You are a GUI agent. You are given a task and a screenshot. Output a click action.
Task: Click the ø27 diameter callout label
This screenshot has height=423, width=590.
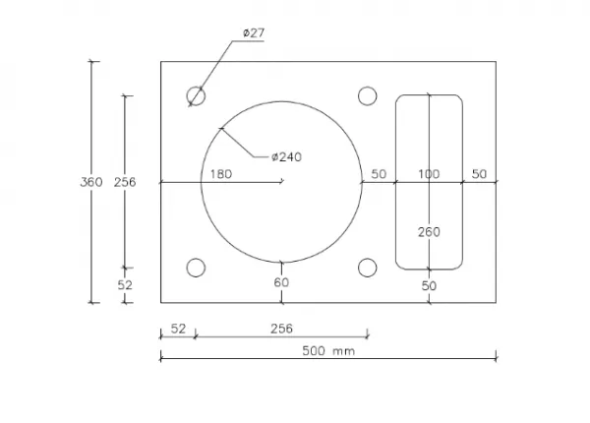(x=254, y=33)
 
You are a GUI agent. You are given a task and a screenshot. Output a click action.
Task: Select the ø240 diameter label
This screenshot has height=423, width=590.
(x=286, y=157)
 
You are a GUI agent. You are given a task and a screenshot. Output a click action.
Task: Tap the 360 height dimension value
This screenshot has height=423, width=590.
(x=91, y=182)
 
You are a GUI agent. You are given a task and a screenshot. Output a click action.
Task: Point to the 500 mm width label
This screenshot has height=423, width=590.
(x=328, y=351)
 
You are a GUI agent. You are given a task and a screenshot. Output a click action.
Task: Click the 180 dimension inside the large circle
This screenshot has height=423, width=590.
(x=221, y=174)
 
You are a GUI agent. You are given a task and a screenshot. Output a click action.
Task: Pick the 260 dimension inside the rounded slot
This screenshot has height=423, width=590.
(x=429, y=232)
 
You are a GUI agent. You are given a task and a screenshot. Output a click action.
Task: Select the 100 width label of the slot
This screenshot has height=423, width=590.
(x=429, y=174)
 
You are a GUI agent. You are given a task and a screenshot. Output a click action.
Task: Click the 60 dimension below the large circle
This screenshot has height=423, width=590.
(x=281, y=282)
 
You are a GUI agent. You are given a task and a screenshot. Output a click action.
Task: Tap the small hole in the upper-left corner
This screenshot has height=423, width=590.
(x=196, y=95)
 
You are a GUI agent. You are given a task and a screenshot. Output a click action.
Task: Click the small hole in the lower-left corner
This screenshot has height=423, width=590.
(x=196, y=268)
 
